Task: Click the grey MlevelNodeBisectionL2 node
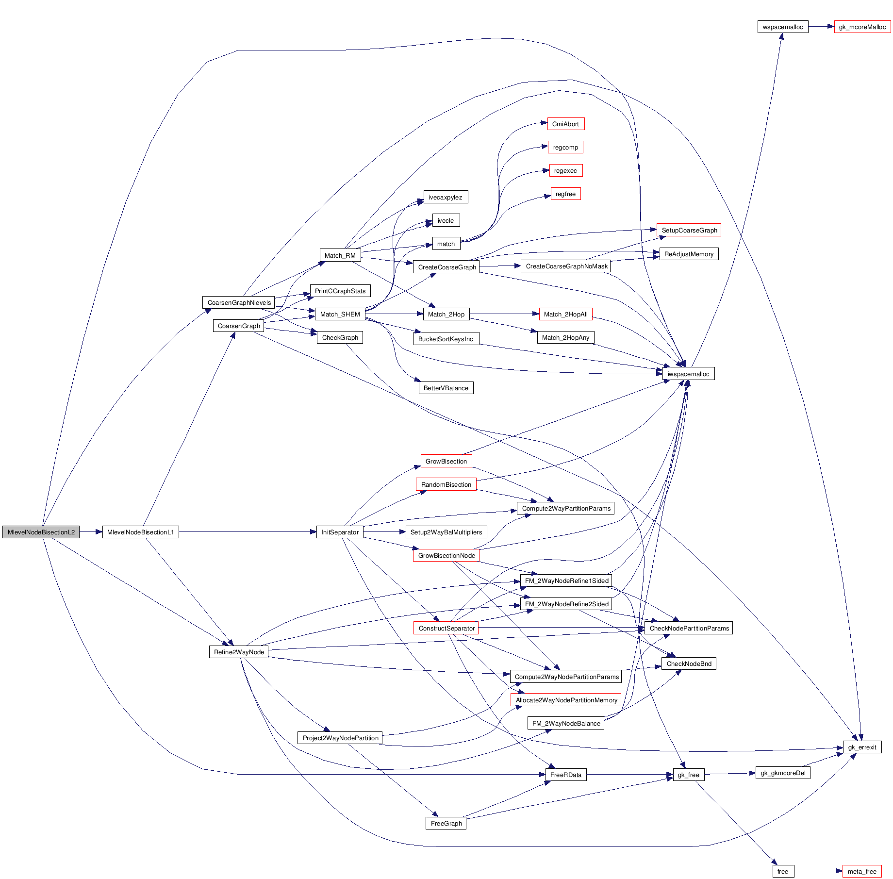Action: click(x=41, y=532)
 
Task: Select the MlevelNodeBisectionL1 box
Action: click(x=140, y=532)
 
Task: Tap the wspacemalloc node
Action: click(x=782, y=27)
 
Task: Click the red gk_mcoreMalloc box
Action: click(x=862, y=27)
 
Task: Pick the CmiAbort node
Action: click(x=565, y=124)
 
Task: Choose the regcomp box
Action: click(x=565, y=147)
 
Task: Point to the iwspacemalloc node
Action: click(x=688, y=374)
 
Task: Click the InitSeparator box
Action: click(x=340, y=532)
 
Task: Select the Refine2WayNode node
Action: click(x=239, y=652)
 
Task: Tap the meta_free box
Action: click(x=862, y=871)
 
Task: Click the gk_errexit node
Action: click(x=862, y=747)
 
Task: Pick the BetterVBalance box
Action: click(x=446, y=388)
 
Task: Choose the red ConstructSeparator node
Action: click(x=446, y=628)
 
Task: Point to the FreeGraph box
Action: click(x=446, y=823)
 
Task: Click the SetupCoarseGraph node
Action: click(x=689, y=230)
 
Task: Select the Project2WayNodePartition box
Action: click(x=340, y=738)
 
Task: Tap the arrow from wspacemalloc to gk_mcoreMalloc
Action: click(x=821, y=27)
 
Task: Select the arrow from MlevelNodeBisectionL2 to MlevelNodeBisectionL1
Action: click(x=91, y=532)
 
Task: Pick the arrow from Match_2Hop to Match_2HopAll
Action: click(x=504, y=314)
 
